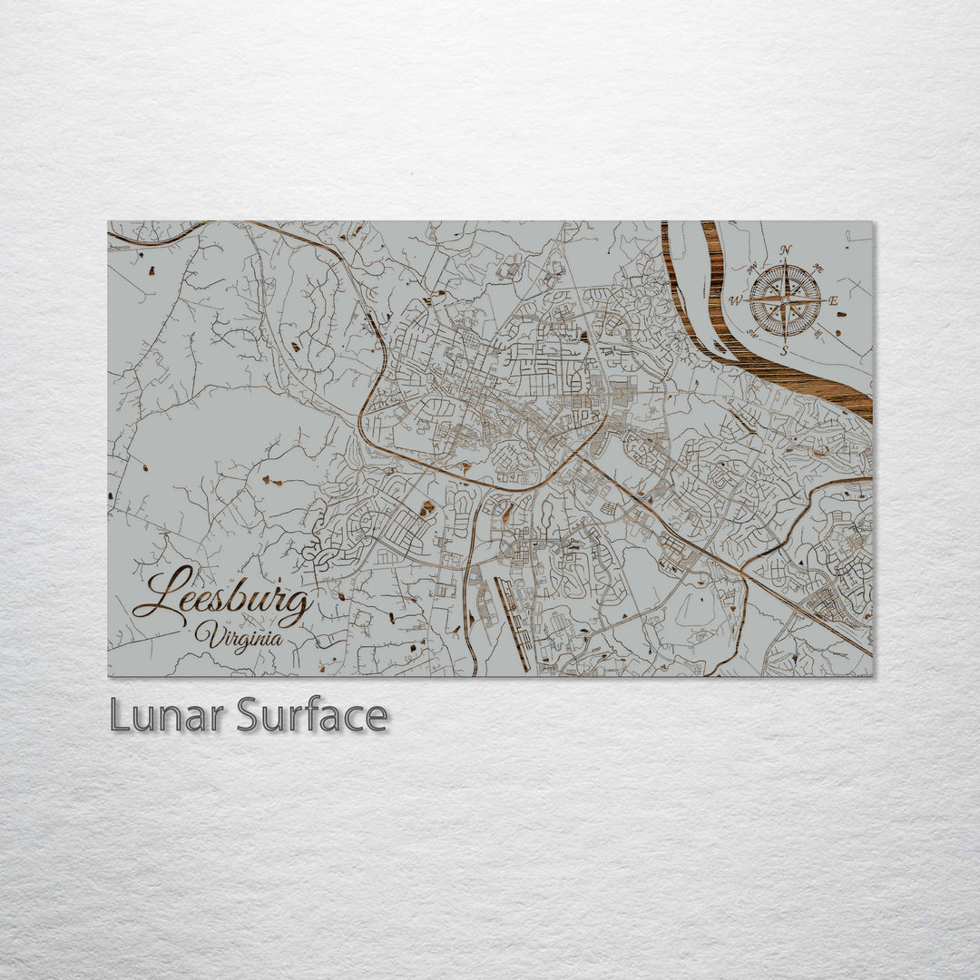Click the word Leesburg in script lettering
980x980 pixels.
click(223, 599)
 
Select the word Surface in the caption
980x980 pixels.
click(312, 716)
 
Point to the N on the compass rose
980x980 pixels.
click(786, 251)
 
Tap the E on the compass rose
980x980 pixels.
click(833, 300)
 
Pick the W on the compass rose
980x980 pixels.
click(736, 300)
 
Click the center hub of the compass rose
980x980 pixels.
click(785, 300)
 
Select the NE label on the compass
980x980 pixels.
click(818, 268)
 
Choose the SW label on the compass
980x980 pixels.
click(752, 333)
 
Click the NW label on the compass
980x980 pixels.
click(752, 269)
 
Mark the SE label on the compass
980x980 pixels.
click(818, 333)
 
